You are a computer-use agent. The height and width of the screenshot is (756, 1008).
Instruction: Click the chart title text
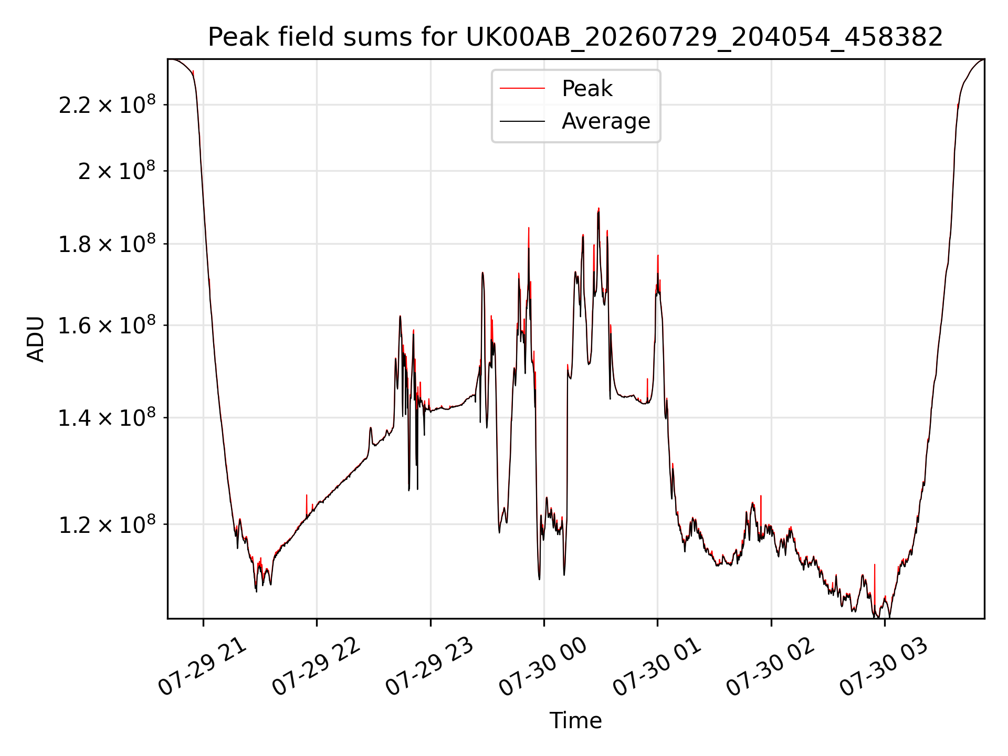click(575, 37)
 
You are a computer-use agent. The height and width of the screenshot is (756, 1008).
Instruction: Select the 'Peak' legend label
click(587, 89)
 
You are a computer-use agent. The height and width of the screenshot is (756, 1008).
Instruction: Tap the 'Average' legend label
click(606, 121)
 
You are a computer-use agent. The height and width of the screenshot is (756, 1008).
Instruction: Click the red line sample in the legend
click(522, 89)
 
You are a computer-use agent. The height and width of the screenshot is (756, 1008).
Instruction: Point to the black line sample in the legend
click(522, 121)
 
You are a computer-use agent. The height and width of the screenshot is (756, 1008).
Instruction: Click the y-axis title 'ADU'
click(36, 339)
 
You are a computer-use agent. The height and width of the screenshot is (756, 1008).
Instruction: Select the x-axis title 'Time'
click(575, 720)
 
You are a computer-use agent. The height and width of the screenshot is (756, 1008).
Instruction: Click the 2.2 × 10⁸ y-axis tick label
click(107, 104)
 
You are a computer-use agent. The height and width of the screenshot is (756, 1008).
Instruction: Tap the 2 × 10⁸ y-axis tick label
click(117, 171)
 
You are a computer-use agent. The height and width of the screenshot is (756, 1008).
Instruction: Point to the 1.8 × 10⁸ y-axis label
click(107, 244)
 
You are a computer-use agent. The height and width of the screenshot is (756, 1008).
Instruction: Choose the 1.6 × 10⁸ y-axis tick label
click(107, 325)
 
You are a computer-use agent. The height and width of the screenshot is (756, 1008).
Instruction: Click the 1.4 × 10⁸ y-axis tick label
click(107, 417)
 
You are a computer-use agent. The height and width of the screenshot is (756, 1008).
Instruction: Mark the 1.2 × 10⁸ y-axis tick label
click(107, 524)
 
